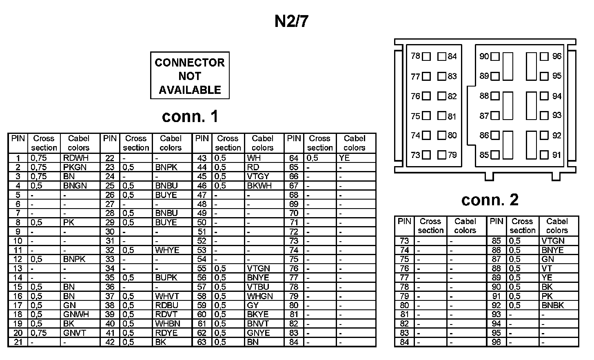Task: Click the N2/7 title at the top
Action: coord(291,22)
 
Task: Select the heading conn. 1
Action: coord(190,117)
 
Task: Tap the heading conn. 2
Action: coord(490,200)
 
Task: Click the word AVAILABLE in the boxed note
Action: coord(190,90)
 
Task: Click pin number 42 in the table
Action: coord(110,342)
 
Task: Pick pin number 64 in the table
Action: coord(294,158)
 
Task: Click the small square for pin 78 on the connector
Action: coord(426,56)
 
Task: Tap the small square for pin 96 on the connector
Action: coord(544,56)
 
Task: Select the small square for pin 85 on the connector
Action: coord(495,155)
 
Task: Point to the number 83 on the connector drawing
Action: coord(452,76)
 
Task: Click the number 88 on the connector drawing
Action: coord(484,96)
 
